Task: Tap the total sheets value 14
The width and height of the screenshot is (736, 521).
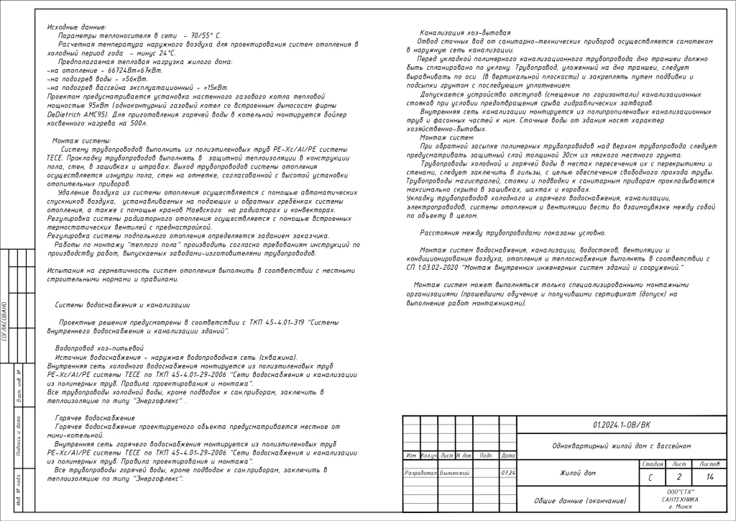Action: coord(710,476)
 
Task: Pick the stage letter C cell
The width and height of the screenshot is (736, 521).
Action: coord(650,476)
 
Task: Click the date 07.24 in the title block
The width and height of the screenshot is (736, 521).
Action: coord(507,473)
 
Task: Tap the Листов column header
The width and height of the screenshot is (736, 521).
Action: coord(709,464)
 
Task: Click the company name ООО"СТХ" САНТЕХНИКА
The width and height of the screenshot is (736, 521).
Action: coord(679,495)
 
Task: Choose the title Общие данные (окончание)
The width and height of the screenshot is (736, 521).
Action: coord(579,500)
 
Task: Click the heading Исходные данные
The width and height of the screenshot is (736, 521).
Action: coord(72,27)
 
